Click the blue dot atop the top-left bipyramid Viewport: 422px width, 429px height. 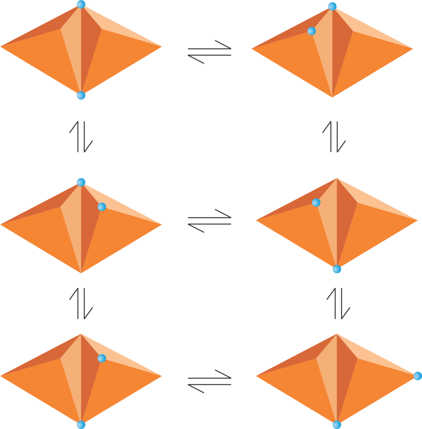pos(81,5)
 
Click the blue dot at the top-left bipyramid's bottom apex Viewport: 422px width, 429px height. pos(81,96)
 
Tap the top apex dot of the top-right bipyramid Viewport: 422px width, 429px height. pos(332,6)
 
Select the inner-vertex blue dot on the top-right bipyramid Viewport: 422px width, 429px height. pos(311,31)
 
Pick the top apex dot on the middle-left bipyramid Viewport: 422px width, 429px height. pos(81,182)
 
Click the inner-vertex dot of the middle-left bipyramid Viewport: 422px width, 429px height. pos(101,207)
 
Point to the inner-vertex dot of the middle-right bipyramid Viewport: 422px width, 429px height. pos(316,203)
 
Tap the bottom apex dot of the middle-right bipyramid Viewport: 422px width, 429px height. pos(337,269)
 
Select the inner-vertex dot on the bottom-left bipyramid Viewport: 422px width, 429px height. pos(101,358)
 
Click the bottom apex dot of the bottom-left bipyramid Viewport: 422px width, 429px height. pos(81,424)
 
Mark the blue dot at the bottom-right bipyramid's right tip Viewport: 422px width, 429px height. pos(417,376)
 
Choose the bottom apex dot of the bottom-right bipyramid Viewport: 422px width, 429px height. pos(337,425)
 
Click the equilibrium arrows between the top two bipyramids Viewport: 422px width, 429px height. pos(210,52)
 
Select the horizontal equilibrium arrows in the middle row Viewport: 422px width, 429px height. pos(210,221)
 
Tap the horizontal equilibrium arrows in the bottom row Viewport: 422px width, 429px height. pos(210,381)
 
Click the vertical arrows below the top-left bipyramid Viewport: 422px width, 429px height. pos(81,137)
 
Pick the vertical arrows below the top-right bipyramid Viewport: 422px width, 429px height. pos(334,137)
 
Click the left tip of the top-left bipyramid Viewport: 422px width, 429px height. pos(3,47)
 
